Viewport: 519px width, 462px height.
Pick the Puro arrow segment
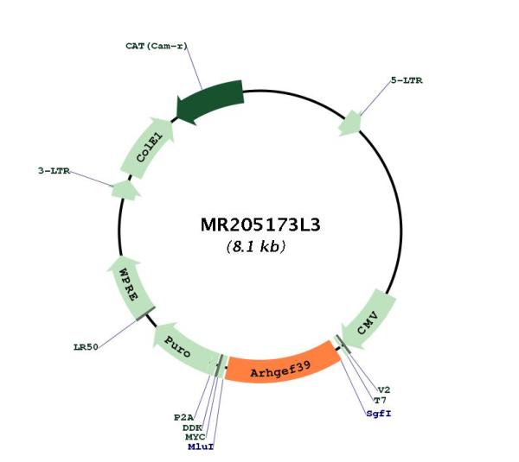click(x=185, y=351)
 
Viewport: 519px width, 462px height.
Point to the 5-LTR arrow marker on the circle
click(x=349, y=123)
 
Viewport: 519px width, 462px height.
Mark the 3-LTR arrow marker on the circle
click(x=125, y=190)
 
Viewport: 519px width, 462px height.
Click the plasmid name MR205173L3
click(x=260, y=225)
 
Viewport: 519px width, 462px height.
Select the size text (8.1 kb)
click(x=255, y=246)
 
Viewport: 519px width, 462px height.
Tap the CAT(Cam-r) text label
click(x=157, y=46)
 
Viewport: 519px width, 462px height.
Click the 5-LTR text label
click(x=407, y=80)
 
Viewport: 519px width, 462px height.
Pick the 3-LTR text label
click(x=54, y=171)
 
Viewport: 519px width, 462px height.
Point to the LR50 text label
click(x=86, y=347)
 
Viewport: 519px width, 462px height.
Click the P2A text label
click(x=183, y=417)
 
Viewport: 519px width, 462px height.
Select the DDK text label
click(x=192, y=428)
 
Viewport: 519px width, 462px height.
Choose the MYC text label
click(x=195, y=437)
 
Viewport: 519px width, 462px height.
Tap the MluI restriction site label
click(x=201, y=446)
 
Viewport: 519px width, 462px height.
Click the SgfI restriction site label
click(x=379, y=413)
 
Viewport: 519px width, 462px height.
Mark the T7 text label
click(x=380, y=401)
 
